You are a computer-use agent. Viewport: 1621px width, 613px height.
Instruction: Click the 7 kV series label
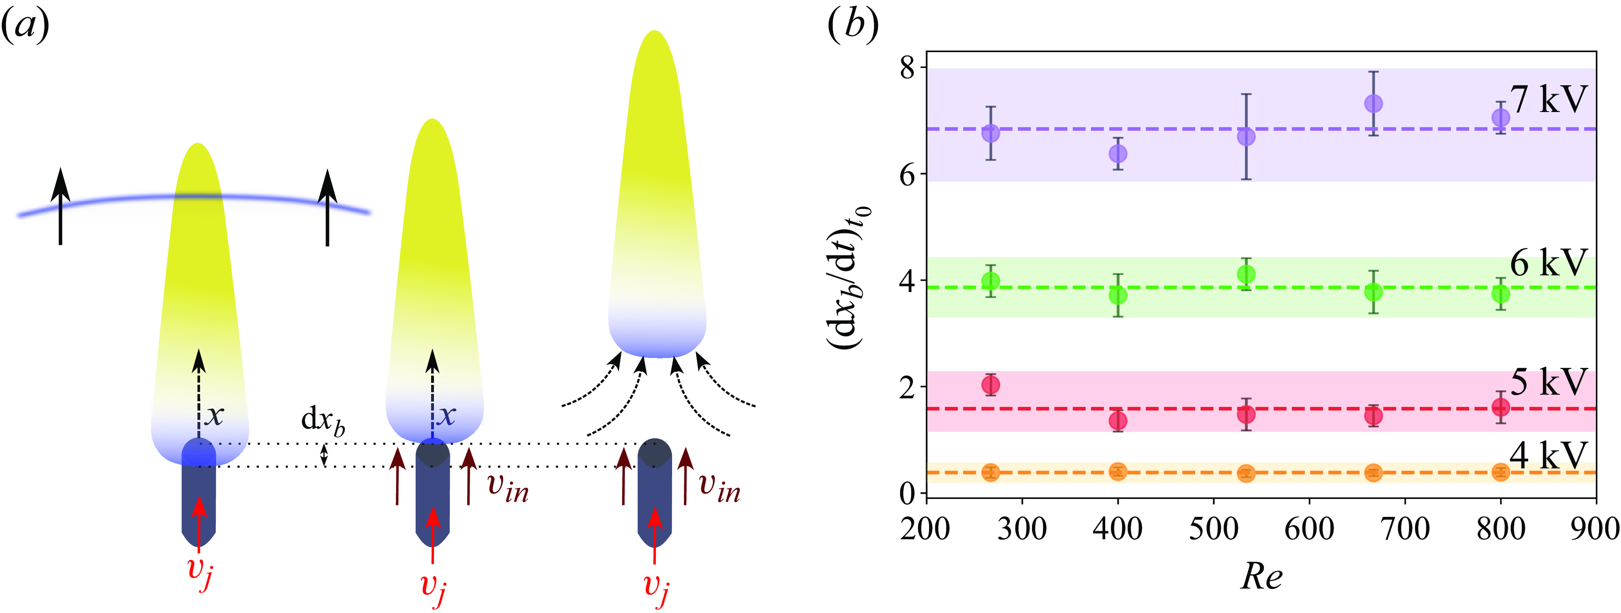(x=1549, y=99)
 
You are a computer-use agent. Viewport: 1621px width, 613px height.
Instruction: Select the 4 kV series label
(x=1549, y=456)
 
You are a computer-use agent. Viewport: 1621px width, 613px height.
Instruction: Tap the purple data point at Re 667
(x=1373, y=103)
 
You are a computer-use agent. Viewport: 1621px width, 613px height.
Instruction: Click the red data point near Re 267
(x=990, y=384)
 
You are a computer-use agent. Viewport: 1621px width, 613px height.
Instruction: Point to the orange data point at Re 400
(x=1117, y=471)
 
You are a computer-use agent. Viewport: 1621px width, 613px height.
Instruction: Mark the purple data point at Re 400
(x=1117, y=154)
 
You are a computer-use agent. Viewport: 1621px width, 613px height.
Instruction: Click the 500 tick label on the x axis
(x=1213, y=529)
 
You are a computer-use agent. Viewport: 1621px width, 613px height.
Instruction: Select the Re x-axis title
(x=1261, y=576)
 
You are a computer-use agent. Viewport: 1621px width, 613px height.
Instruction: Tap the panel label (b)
(x=853, y=26)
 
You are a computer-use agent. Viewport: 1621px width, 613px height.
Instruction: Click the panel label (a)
(x=25, y=26)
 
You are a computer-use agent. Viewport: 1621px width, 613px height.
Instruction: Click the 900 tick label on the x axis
(x=1596, y=529)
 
